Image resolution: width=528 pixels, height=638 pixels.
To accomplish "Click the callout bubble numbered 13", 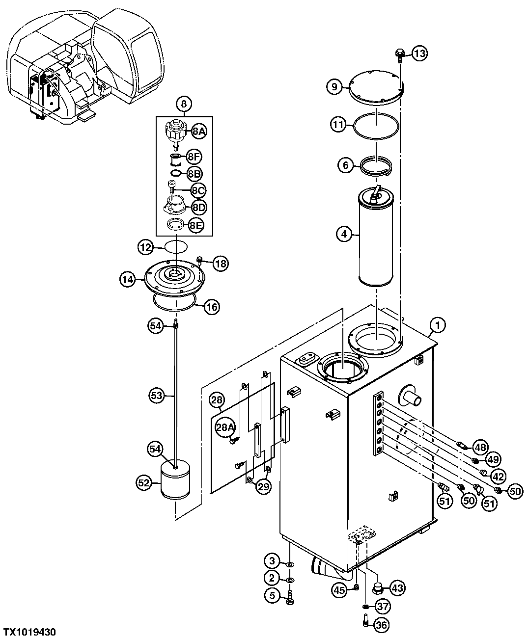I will click(419, 53).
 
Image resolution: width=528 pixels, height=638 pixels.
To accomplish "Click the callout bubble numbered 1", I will click(438, 324).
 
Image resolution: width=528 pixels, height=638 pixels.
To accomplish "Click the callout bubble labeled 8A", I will click(199, 131).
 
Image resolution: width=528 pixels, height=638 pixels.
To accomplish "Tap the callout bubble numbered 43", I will click(397, 587).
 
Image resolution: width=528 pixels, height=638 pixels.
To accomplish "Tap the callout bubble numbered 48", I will click(480, 447).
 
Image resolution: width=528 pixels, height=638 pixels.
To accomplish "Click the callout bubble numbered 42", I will click(499, 476).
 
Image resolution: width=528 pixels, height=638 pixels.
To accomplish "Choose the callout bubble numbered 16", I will click(212, 308).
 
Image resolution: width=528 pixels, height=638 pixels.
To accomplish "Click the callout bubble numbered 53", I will click(156, 396).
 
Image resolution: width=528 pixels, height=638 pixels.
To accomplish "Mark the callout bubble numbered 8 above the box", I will click(184, 104).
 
